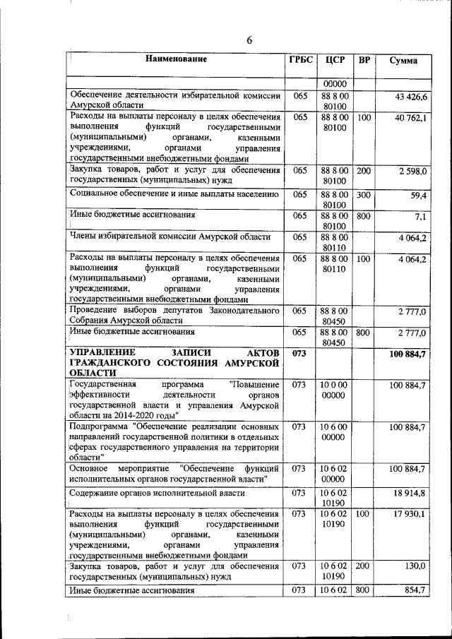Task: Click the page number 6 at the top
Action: [249, 40]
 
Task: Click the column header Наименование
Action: [177, 60]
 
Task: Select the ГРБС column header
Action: [300, 60]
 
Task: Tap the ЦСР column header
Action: [335, 60]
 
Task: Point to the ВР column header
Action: [364, 60]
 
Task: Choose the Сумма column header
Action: [403, 61]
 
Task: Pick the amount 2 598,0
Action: [412, 172]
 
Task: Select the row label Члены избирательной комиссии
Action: [169, 237]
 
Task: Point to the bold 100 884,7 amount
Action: [408, 353]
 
